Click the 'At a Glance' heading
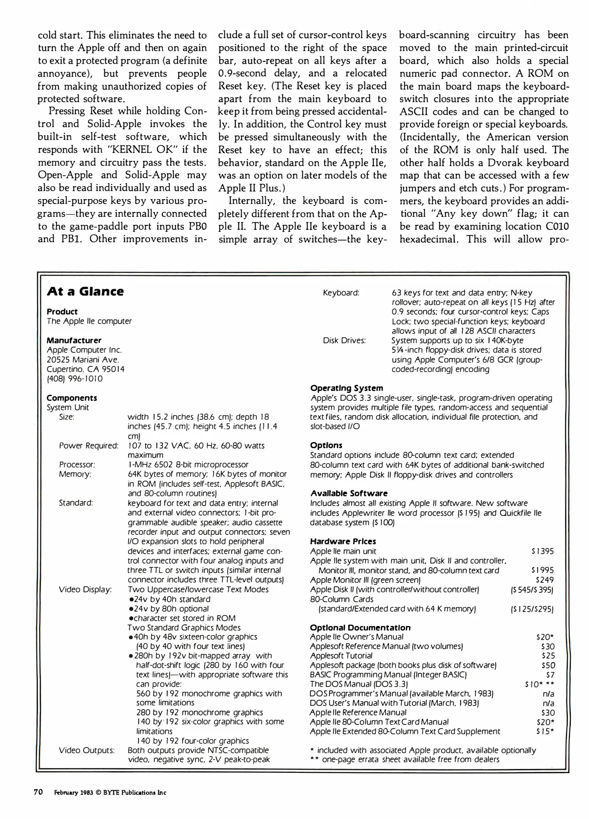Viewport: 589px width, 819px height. [x=85, y=292]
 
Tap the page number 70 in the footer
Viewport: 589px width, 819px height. [x=38, y=792]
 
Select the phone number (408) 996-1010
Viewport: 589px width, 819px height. [x=75, y=379]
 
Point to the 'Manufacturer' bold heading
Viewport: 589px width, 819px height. [x=74, y=340]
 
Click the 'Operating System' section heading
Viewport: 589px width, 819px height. [x=347, y=388]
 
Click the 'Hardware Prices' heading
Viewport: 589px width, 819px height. [x=343, y=541]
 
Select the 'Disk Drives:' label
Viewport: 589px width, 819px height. [x=344, y=340]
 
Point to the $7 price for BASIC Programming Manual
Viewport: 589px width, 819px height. [x=550, y=675]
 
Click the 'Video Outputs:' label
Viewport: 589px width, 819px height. [x=87, y=750]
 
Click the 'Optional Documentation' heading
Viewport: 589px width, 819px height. [x=360, y=628]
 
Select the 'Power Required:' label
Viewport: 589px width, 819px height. [x=89, y=446]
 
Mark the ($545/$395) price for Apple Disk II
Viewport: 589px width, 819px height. [x=532, y=590]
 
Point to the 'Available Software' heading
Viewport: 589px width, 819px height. [x=349, y=493]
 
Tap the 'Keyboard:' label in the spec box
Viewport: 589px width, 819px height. [x=341, y=293]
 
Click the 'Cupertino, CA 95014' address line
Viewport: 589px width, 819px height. [x=86, y=369]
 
